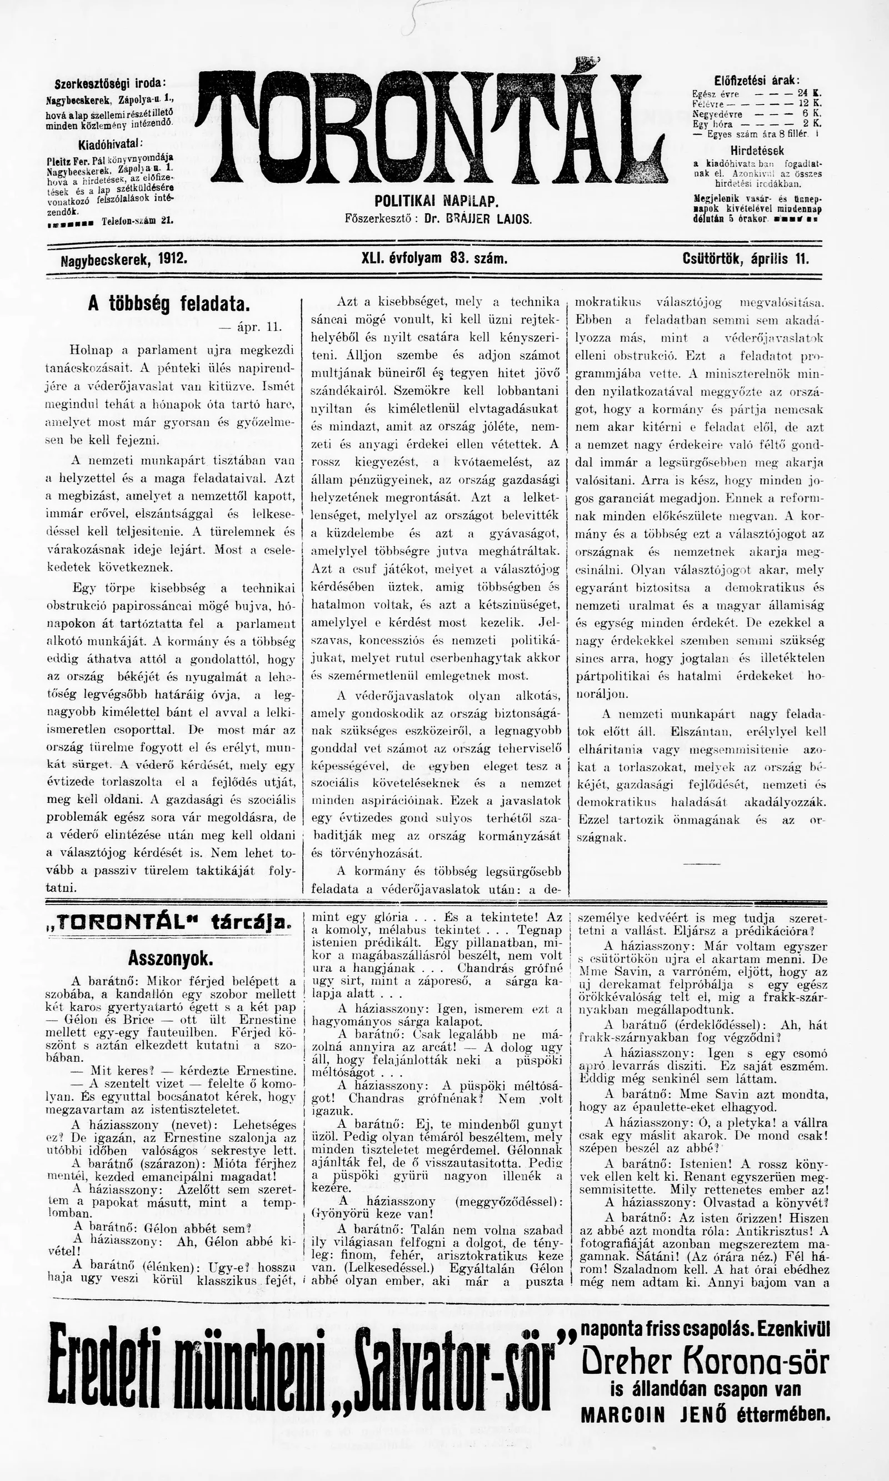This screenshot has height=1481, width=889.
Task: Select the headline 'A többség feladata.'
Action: tap(168, 304)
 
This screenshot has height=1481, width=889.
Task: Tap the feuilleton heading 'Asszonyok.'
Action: tap(170, 958)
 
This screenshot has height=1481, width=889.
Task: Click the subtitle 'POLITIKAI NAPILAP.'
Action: tap(437, 201)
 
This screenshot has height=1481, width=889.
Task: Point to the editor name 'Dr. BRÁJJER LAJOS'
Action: tap(477, 220)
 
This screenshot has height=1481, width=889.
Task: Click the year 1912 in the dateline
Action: tap(173, 259)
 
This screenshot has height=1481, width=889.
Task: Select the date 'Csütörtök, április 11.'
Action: tap(745, 259)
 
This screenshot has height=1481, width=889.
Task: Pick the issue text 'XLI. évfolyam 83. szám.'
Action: tap(435, 259)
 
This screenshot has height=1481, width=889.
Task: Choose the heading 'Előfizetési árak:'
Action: tap(757, 80)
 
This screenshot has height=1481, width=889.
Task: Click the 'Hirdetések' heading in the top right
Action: tap(757, 151)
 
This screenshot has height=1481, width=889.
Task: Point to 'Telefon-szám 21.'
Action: tap(137, 221)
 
